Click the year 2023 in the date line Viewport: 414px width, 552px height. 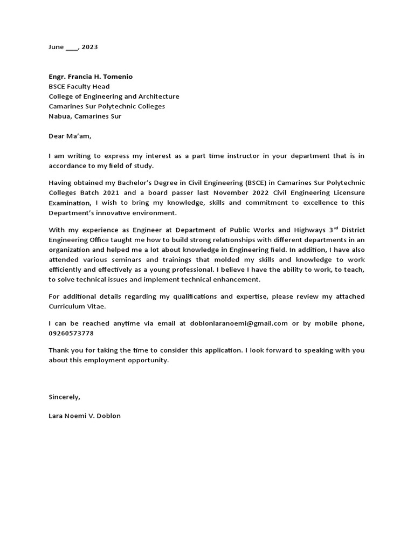(89, 47)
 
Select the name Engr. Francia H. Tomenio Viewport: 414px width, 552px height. (91, 77)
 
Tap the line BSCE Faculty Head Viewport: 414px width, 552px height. (79, 86)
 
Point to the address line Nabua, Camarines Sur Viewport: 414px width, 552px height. (85, 116)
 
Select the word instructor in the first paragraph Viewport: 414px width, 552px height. (241, 156)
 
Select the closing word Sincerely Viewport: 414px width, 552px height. (64, 397)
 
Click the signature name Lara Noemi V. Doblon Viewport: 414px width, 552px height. (85, 416)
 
